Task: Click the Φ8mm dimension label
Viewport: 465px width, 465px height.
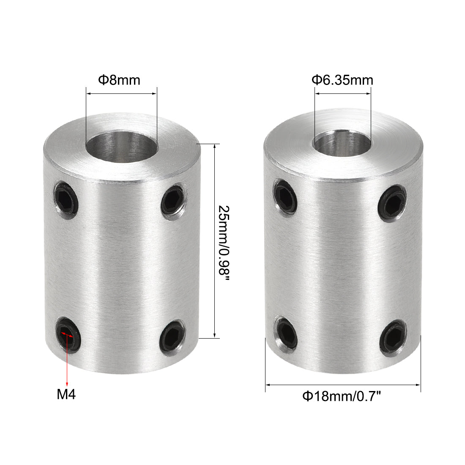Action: (x=119, y=80)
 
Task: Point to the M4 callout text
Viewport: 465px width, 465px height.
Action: (x=66, y=394)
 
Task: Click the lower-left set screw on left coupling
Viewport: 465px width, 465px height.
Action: (x=68, y=333)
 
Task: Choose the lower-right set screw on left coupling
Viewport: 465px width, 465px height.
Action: (x=172, y=336)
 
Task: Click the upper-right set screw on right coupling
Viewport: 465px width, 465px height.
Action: (x=393, y=203)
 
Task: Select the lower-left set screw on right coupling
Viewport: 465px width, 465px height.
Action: (x=286, y=332)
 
